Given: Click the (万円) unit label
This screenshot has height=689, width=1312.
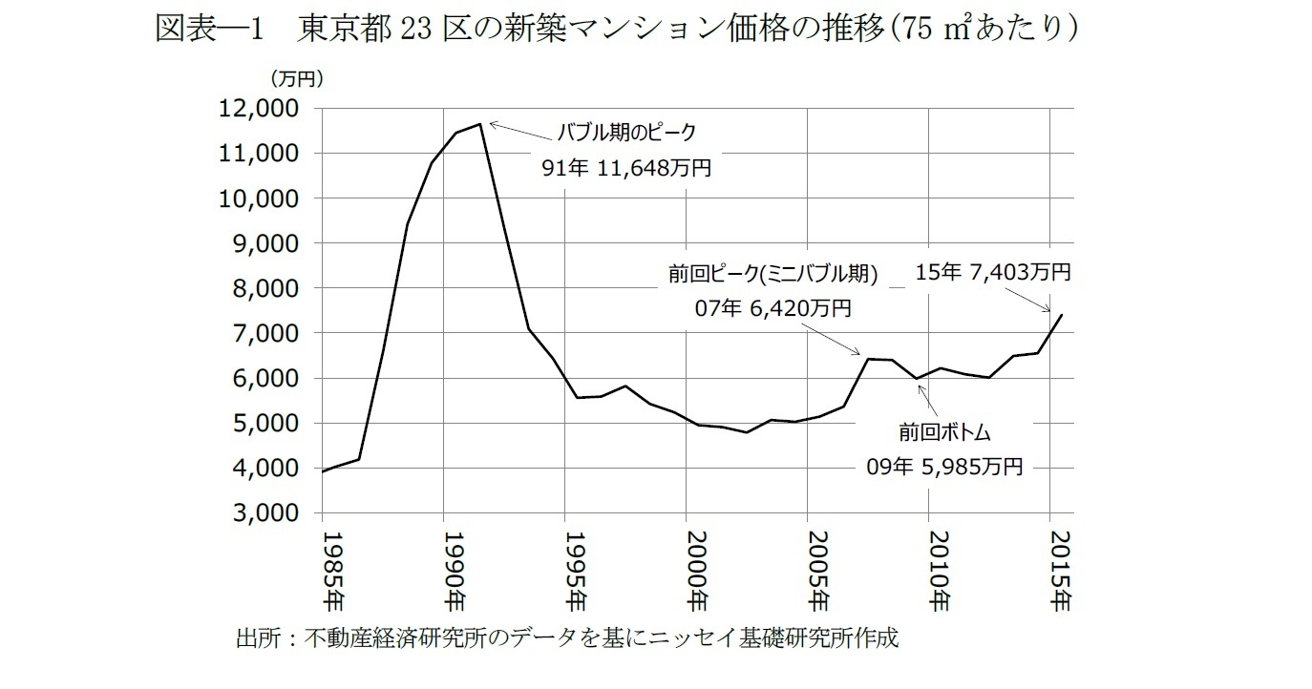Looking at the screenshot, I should click(297, 79).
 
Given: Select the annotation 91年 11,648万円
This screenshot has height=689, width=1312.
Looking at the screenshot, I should click(625, 168).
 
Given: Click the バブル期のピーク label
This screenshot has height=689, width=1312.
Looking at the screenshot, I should click(627, 132).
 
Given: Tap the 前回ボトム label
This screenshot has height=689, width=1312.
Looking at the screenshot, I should click(943, 432).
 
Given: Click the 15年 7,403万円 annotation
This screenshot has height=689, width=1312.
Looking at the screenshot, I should click(993, 272).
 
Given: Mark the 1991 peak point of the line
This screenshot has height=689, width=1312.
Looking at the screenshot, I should click(480, 124).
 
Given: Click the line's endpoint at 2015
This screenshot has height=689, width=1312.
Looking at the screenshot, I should click(1062, 315).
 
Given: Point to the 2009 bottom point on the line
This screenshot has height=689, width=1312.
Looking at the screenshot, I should click(918, 379).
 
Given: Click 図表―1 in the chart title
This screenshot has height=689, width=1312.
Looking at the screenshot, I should click(210, 30).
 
